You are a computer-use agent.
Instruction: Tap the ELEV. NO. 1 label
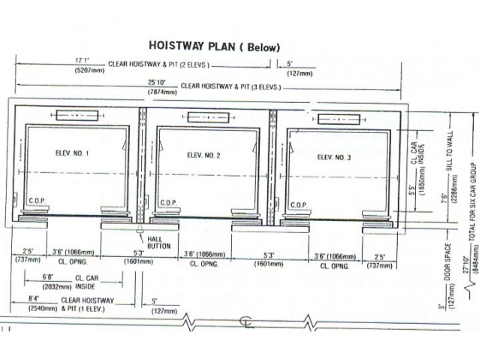pos(72,154)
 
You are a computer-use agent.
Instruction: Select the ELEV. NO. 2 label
pos(203,156)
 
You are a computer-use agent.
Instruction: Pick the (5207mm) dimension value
pos(87,69)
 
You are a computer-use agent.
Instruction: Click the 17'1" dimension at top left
pos(83,60)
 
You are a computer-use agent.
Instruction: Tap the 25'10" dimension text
pos(156,83)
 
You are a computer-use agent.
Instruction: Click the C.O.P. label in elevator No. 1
pos(38,202)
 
